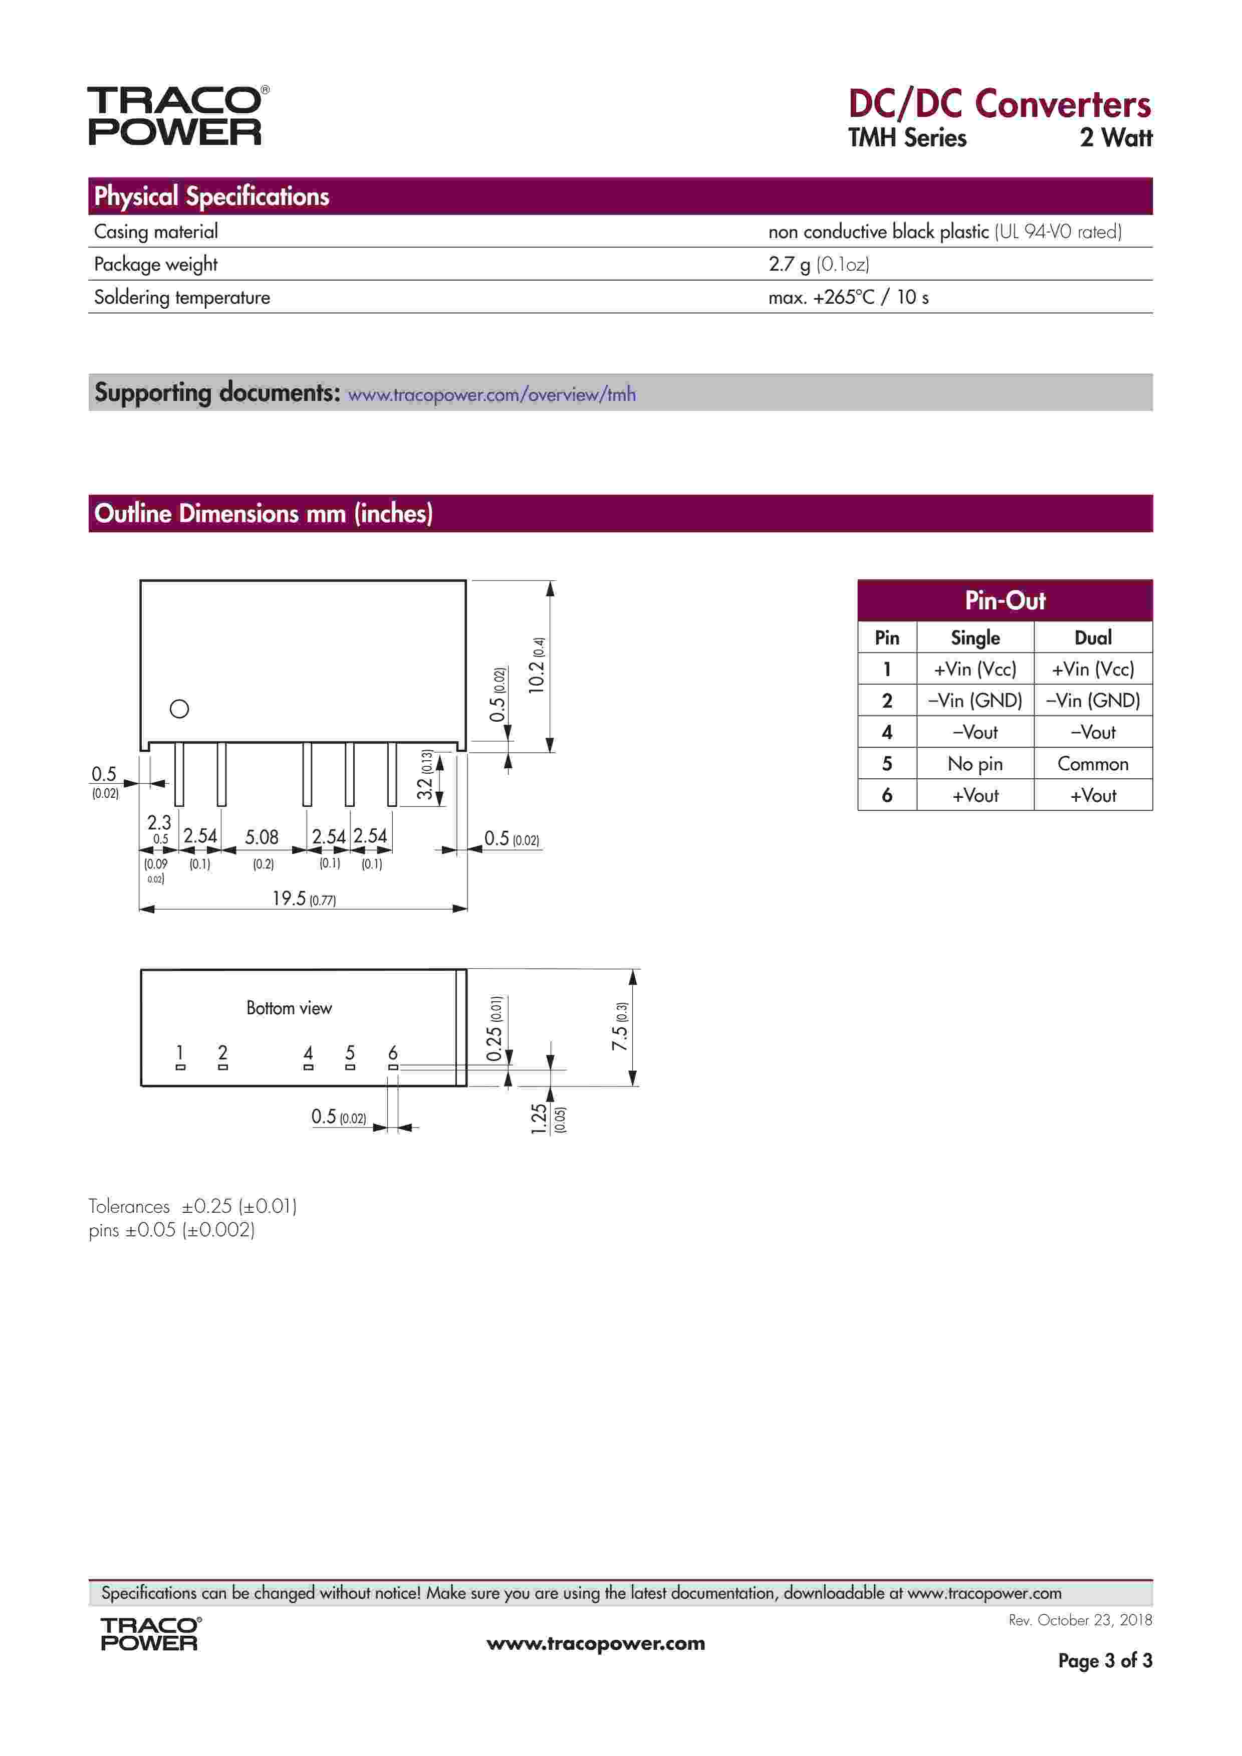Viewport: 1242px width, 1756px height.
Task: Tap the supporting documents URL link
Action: [x=492, y=394]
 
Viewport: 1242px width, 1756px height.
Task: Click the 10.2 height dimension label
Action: [x=538, y=666]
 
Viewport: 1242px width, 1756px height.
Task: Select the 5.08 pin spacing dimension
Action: [x=262, y=837]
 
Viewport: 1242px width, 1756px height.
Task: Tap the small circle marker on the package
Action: [x=180, y=709]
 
